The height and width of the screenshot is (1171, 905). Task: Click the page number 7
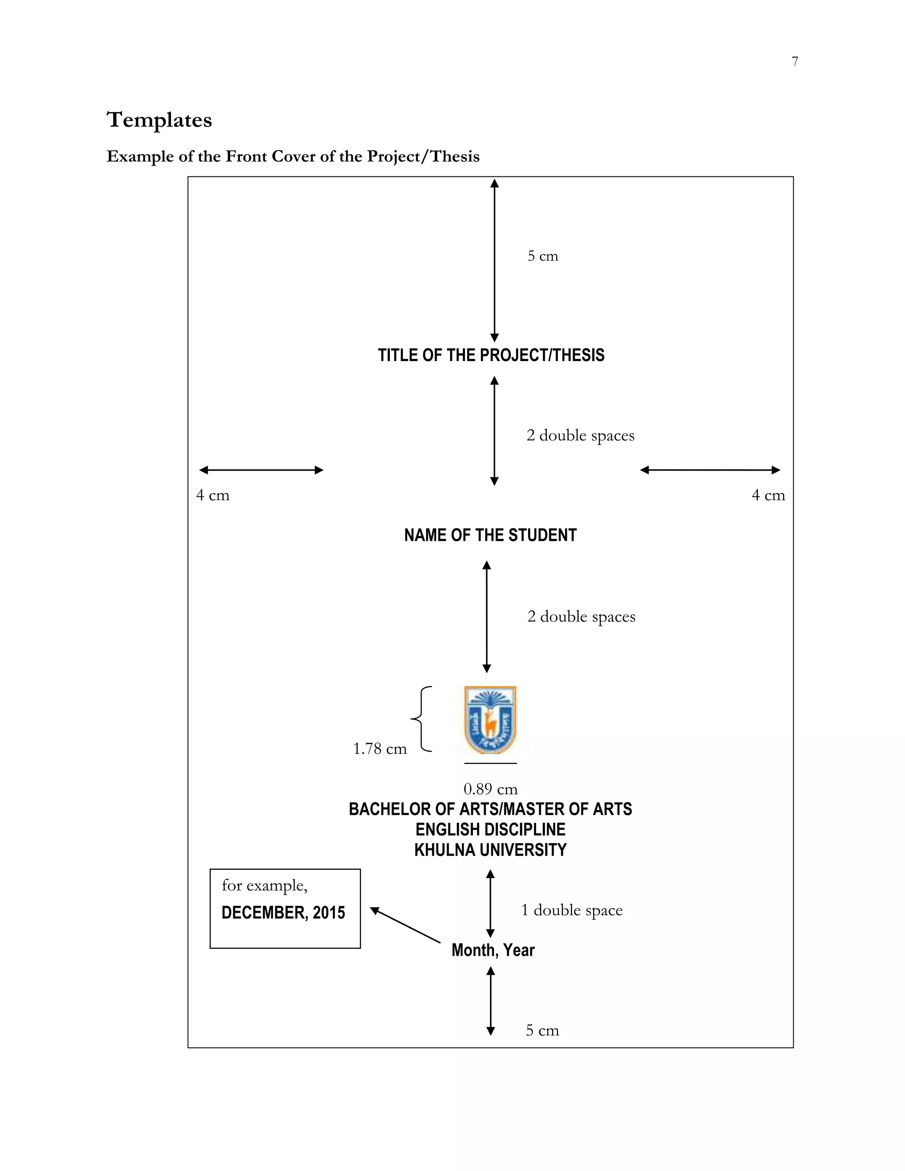click(795, 62)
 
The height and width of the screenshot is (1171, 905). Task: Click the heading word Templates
click(159, 120)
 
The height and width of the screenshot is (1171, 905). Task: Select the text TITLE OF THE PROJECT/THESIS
click(491, 355)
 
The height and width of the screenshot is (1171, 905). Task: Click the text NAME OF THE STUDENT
click(490, 535)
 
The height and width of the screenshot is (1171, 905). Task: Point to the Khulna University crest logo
click(490, 719)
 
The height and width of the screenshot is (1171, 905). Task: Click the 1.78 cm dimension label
click(380, 749)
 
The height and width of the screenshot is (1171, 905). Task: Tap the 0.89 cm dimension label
click(490, 789)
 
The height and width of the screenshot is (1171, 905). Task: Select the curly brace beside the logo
click(422, 719)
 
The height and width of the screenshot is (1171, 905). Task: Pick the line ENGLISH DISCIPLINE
click(490, 829)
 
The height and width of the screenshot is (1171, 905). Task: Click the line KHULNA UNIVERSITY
click(490, 850)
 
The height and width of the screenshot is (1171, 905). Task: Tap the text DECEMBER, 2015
click(283, 912)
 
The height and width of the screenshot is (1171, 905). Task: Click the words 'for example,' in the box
click(264, 885)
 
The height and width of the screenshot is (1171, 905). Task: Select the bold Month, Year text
click(493, 950)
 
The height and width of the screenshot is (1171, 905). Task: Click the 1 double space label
click(571, 910)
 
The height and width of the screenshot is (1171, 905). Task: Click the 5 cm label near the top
click(543, 256)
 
